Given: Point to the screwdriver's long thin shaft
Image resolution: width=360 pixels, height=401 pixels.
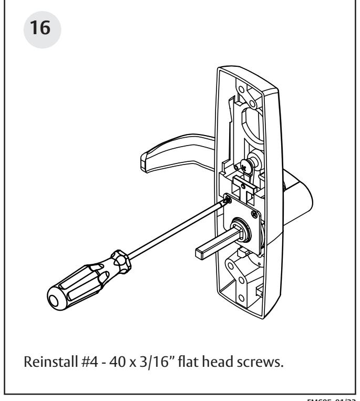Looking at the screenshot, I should point(173,226).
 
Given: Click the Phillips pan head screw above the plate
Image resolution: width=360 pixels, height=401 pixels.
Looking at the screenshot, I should point(247,166).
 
